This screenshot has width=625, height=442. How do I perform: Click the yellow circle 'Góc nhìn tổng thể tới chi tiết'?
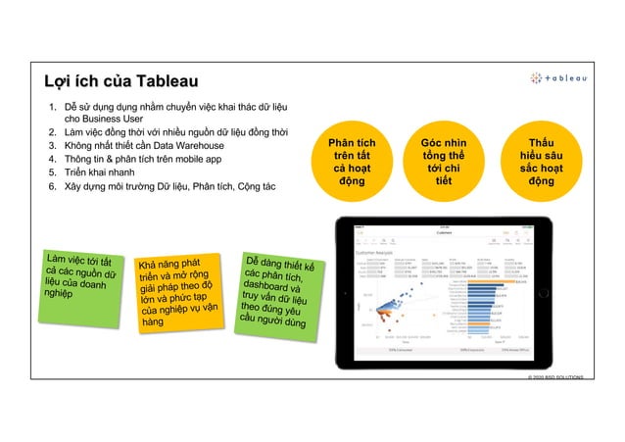pyautogui.click(x=444, y=162)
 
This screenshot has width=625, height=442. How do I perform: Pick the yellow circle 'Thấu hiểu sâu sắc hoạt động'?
pyautogui.click(x=540, y=162)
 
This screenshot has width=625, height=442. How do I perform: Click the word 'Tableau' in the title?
pyautogui.click(x=168, y=79)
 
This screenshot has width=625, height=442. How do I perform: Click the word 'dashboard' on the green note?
pyautogui.click(x=271, y=283)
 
